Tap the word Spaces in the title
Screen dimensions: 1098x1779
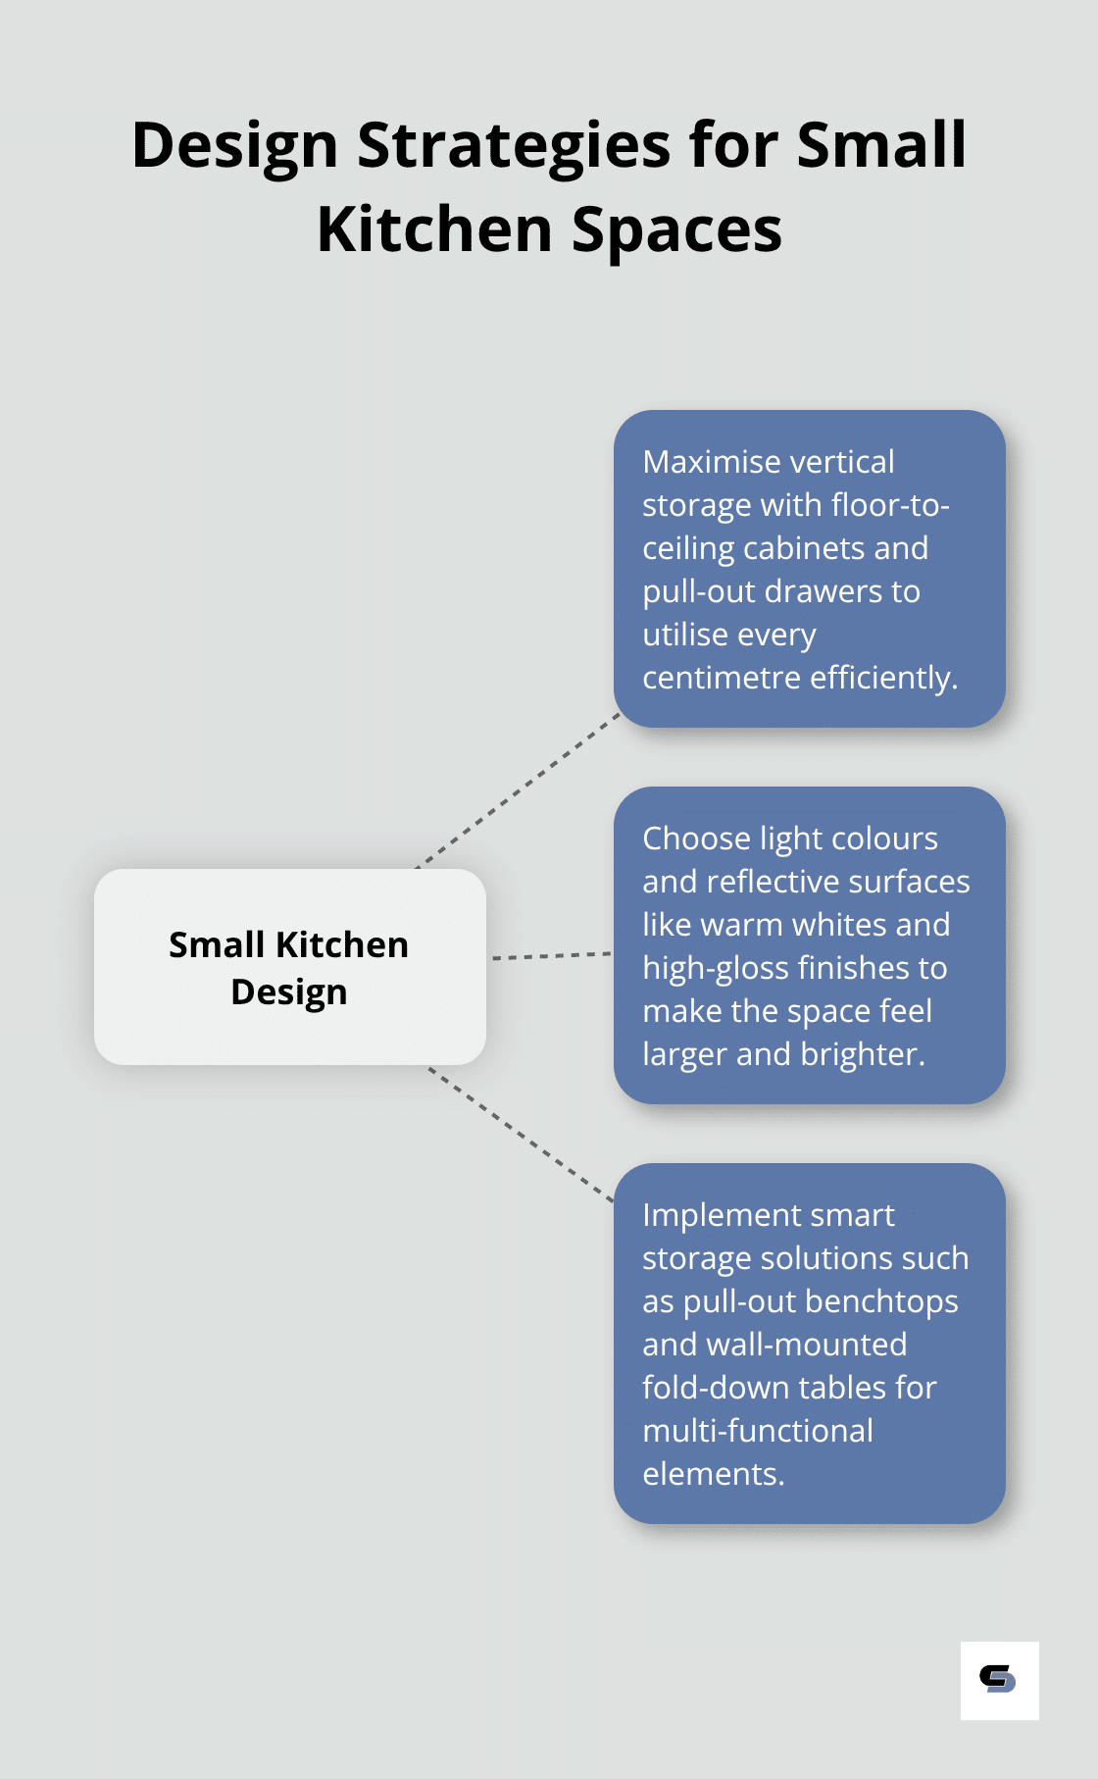(676, 231)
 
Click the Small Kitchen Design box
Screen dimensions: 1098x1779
(290, 967)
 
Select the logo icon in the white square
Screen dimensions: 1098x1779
(998, 1679)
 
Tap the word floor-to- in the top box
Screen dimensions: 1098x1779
(890, 505)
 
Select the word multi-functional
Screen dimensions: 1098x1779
(758, 1431)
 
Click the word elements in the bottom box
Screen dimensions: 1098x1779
(714, 1474)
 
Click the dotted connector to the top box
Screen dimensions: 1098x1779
(519, 790)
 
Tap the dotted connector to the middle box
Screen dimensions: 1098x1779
(552, 955)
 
